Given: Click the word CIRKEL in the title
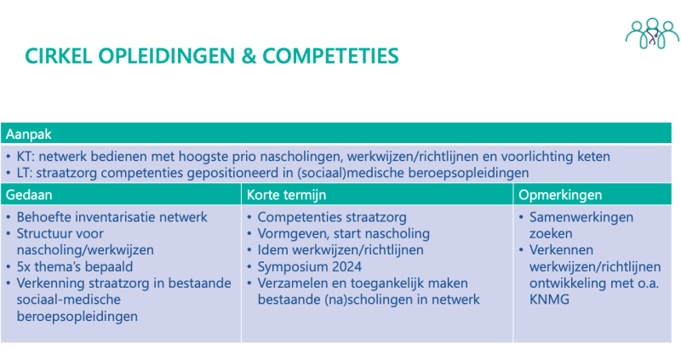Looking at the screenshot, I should coord(57,56).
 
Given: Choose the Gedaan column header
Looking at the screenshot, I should coord(29,195).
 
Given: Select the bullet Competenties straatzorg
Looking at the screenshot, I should coord(331,217).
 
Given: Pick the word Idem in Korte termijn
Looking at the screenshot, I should coord(273,250).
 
